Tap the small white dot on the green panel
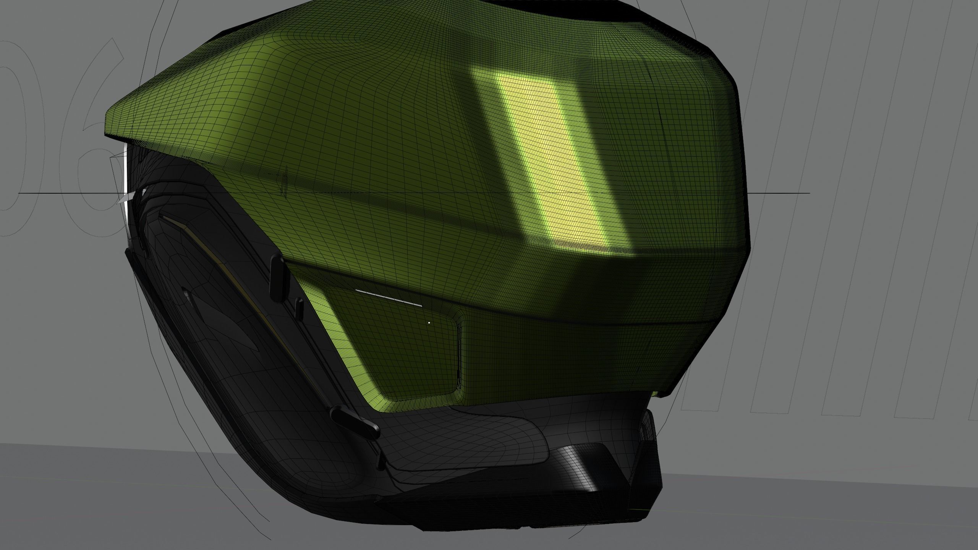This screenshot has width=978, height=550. (429, 323)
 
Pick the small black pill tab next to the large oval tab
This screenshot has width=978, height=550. (299, 308)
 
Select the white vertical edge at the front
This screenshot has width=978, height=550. (125, 191)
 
